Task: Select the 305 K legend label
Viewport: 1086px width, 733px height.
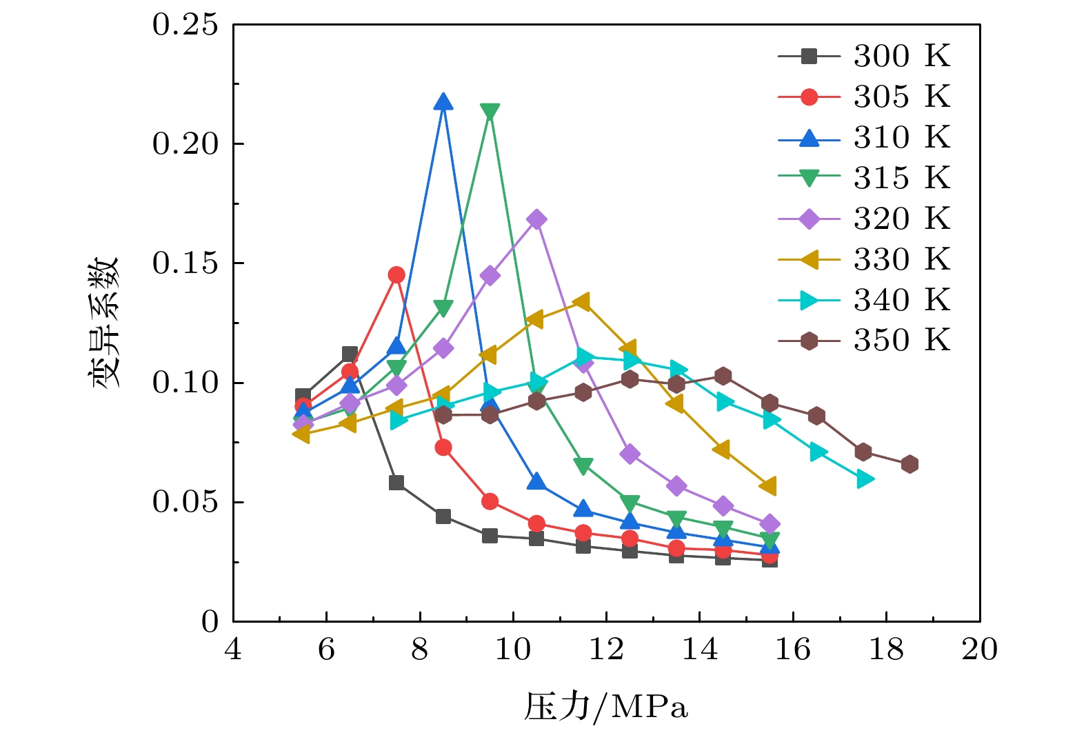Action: (x=901, y=97)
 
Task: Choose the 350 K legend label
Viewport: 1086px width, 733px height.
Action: (x=901, y=341)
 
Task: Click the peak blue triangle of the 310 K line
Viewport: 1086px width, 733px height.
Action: (x=443, y=102)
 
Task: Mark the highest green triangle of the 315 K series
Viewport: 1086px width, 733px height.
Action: (x=490, y=112)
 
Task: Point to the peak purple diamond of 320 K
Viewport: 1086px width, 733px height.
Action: (x=536, y=220)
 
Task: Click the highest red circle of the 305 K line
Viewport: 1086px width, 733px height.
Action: (x=396, y=275)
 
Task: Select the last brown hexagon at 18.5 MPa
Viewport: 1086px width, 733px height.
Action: (x=909, y=464)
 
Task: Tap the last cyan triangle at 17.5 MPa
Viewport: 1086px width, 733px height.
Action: (x=864, y=479)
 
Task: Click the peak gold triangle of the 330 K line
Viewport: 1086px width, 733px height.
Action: (x=583, y=302)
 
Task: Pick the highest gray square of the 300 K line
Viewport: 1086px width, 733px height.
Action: (x=350, y=354)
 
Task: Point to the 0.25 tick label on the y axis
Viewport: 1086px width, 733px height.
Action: (x=185, y=26)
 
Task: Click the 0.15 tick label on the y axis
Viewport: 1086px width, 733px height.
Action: (x=185, y=263)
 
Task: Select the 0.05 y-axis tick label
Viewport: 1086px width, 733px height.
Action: (x=185, y=502)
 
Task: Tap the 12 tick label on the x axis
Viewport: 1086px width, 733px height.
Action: (x=606, y=650)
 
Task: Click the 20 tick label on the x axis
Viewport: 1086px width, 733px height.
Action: (x=979, y=650)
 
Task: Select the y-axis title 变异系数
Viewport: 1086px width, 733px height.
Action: (x=105, y=323)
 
